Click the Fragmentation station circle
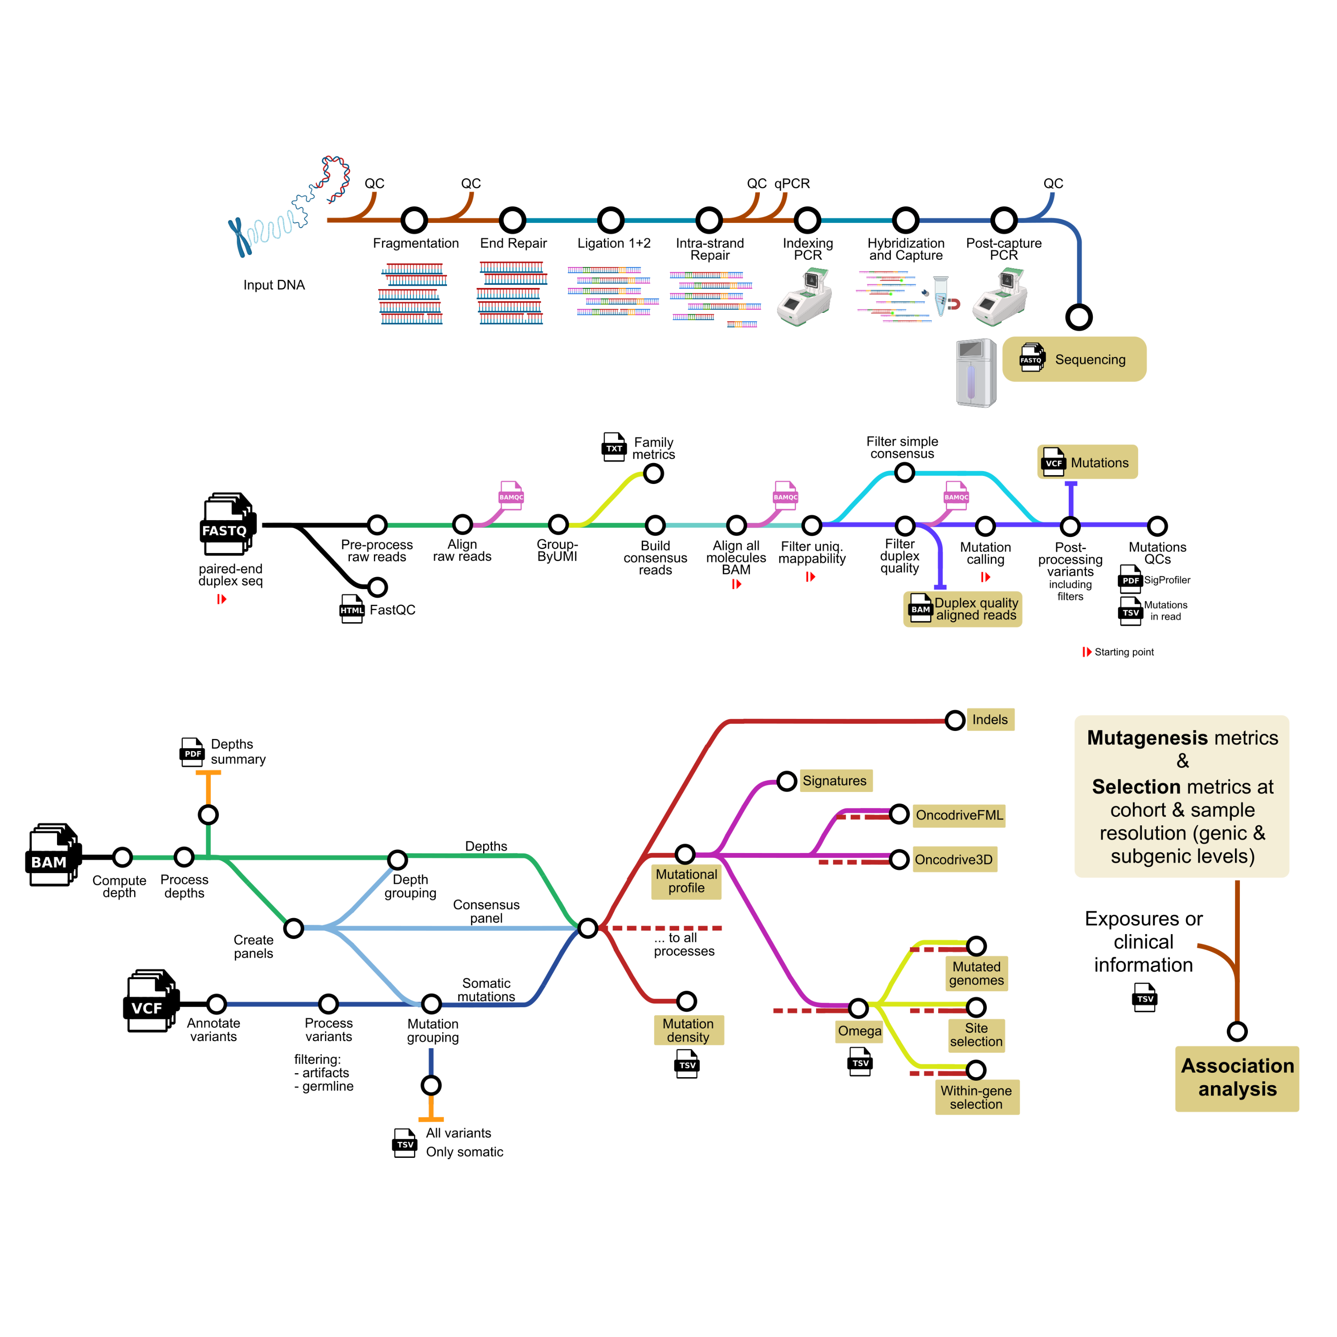414,220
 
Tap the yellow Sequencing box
1074,359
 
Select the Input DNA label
274,285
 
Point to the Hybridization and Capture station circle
905,220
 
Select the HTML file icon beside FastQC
352,610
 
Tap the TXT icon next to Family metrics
614,447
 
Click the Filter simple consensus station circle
905,473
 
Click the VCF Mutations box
1087,462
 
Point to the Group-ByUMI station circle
558,525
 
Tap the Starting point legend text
1124,652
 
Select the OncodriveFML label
959,815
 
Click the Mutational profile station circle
685,855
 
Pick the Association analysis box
1237,1078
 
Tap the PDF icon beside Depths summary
192,752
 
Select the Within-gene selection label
976,1097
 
